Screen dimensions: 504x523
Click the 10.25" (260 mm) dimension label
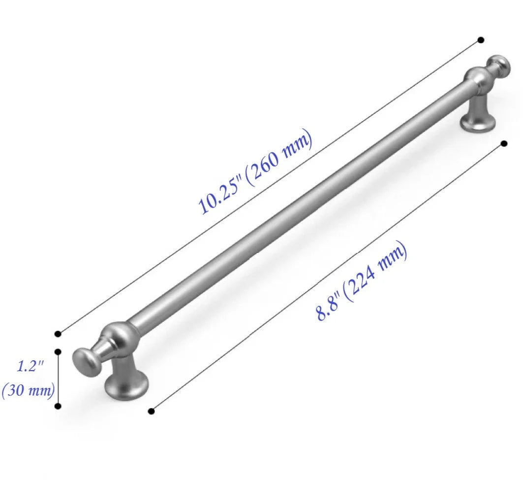click(x=255, y=173)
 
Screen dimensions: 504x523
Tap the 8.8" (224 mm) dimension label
click(x=362, y=282)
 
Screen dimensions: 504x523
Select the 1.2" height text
click(x=31, y=366)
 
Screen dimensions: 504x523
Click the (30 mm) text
click(x=28, y=391)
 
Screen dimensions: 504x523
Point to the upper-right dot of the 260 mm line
click(x=481, y=39)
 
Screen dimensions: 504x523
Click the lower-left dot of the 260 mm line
click(x=58, y=334)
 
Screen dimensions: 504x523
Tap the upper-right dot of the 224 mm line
click(x=503, y=143)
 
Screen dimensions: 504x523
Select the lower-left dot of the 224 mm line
click(x=151, y=411)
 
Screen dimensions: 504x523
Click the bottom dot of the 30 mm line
click(x=58, y=406)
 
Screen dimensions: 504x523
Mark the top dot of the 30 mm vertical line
click(x=58, y=352)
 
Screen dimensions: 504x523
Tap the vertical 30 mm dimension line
click(x=58, y=379)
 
